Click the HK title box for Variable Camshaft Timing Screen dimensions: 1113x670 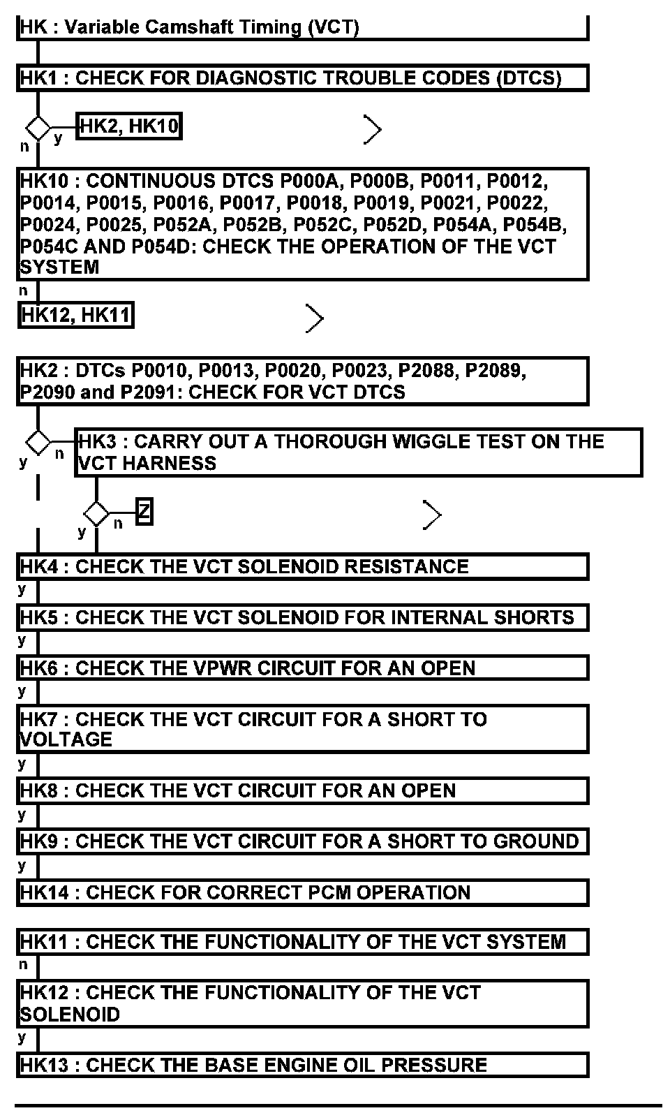pos(302,28)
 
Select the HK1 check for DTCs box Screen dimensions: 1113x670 pos(302,78)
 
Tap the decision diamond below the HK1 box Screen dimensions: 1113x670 pos(38,128)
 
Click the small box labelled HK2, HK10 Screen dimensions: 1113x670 pos(129,126)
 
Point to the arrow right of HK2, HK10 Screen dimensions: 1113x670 pos(373,130)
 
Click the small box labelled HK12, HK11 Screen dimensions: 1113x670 pos(75,316)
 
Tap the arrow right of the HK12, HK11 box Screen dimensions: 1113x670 pos(315,319)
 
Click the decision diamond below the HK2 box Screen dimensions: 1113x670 pos(38,442)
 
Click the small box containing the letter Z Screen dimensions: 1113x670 pos(144,513)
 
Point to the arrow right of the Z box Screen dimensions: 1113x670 pos(433,516)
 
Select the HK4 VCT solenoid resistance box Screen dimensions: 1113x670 pos(302,567)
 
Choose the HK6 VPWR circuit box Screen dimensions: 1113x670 pos(302,668)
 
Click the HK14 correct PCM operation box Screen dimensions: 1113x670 pos(302,893)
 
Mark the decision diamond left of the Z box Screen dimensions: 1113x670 pos(96,515)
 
